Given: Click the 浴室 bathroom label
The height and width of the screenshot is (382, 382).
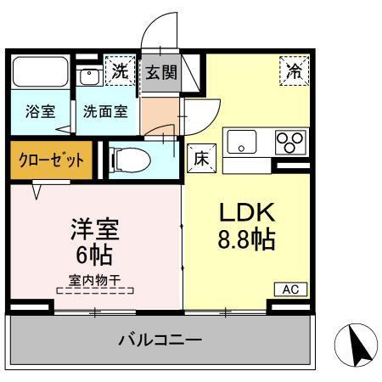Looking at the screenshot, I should (x=38, y=112).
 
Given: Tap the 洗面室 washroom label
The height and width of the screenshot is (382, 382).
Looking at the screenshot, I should (x=105, y=112).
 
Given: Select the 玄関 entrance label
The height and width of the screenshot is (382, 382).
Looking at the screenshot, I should (x=160, y=73).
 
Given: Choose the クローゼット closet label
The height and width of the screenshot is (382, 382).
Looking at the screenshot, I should (x=52, y=160).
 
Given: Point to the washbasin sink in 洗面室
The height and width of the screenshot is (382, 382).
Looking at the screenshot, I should (x=89, y=75).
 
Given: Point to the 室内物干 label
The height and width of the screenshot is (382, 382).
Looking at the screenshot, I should (x=94, y=280).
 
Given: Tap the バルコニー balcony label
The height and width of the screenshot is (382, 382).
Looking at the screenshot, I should (x=160, y=340).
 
